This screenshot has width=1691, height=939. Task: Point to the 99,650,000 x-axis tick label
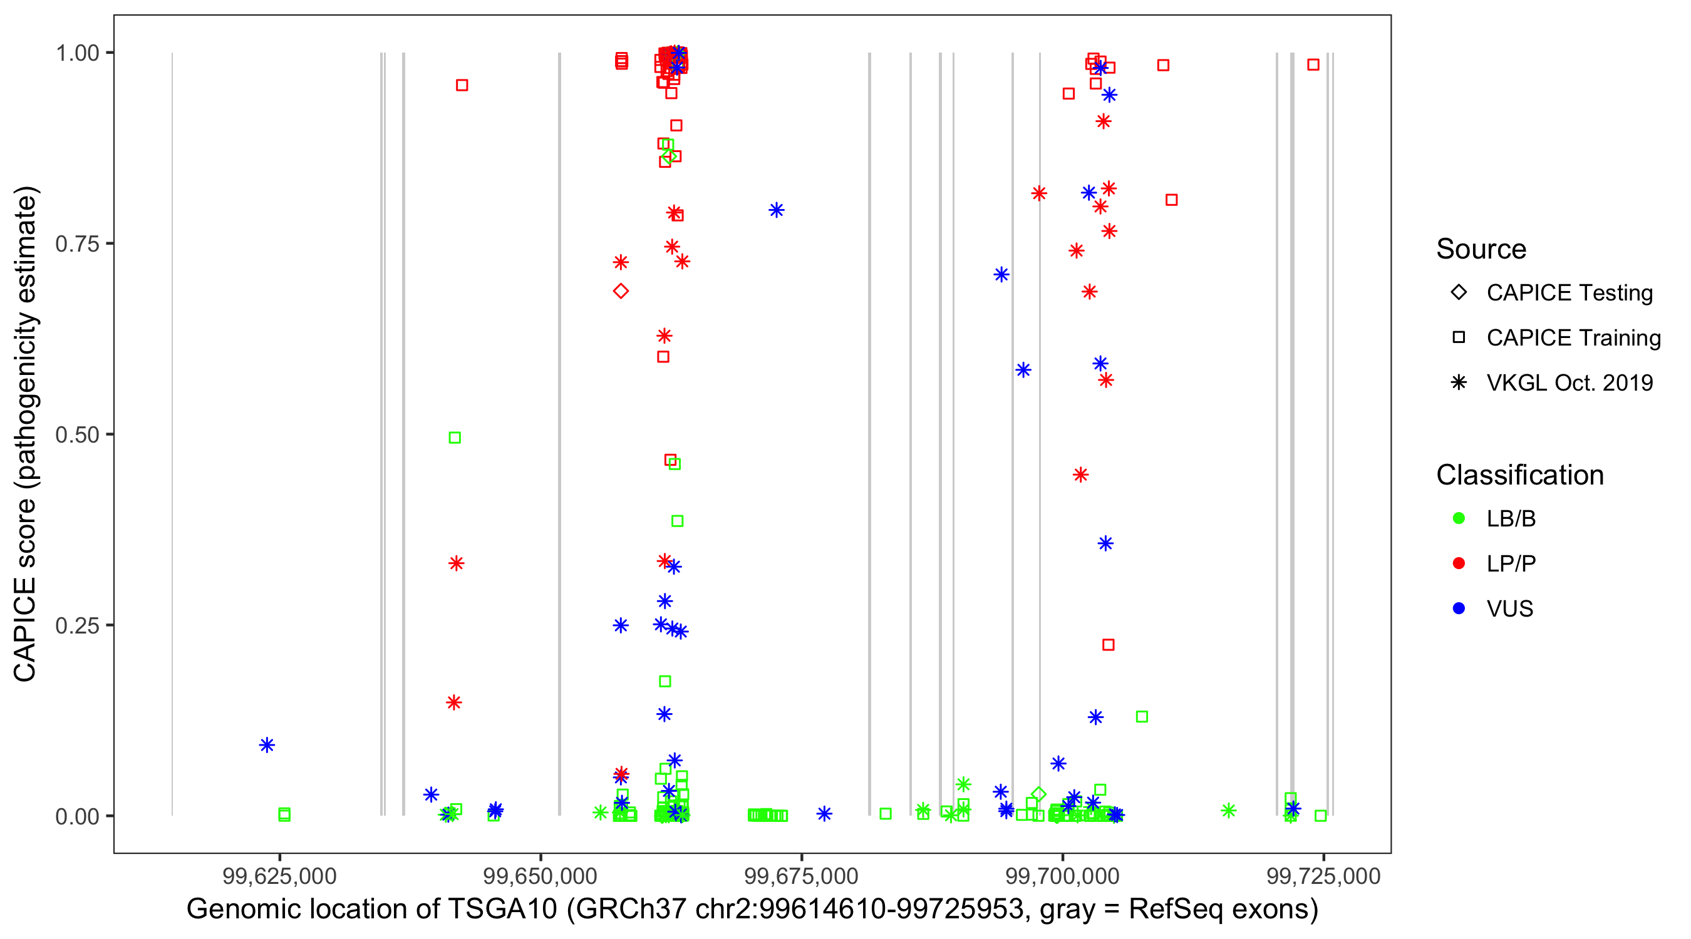(540, 876)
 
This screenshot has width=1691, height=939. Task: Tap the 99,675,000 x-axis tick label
(801, 876)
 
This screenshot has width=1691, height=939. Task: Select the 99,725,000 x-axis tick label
(1323, 876)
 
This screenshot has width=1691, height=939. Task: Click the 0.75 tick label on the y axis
(76, 244)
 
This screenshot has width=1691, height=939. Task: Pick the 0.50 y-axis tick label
(76, 434)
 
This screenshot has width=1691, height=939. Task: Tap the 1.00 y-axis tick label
(76, 53)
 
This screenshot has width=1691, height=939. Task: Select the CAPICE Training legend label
(1573, 337)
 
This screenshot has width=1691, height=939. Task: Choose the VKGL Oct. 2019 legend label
(1569, 382)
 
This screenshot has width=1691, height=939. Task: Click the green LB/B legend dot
(1459, 518)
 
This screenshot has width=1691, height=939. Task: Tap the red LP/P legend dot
(1459, 563)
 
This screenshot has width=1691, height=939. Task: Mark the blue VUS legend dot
(1459, 608)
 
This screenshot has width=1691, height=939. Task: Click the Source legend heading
(1481, 249)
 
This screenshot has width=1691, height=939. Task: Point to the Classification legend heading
(1519, 475)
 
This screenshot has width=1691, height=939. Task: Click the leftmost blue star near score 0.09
(267, 745)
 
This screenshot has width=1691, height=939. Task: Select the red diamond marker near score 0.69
(620, 290)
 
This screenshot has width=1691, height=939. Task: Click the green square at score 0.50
(454, 438)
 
